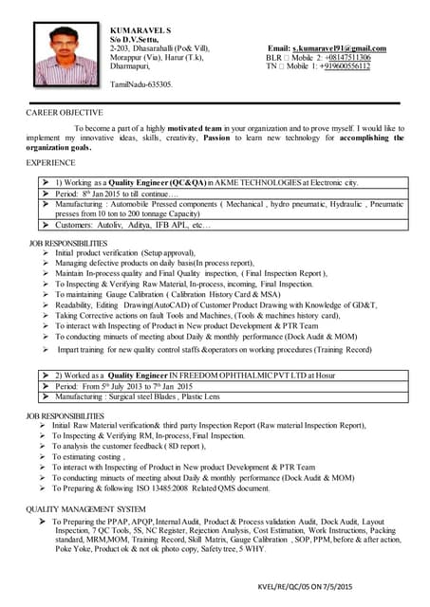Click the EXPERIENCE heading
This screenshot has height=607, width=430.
[49, 163]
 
